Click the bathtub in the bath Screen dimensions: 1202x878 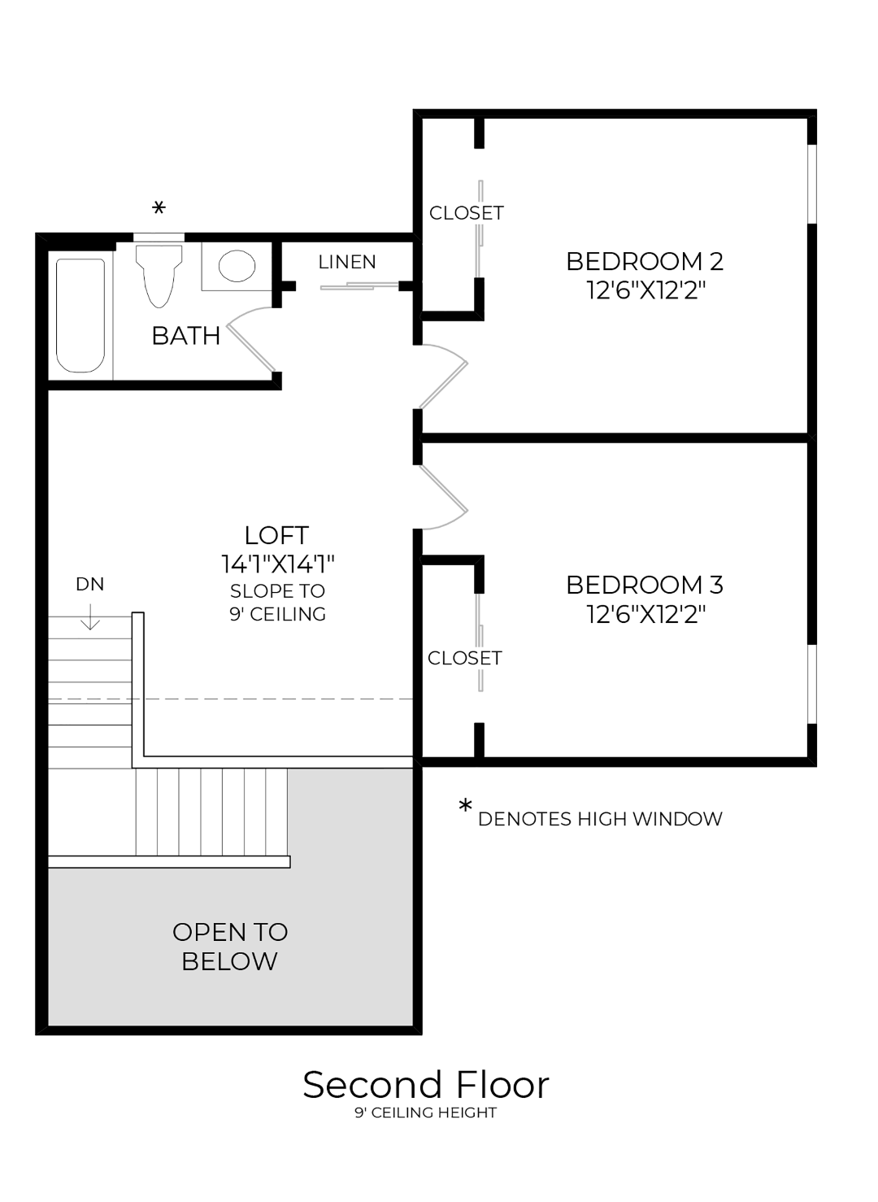pos(80,315)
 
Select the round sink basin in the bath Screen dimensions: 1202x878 pos(237,265)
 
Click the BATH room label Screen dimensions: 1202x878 pos(186,335)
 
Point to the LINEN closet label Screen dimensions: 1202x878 pos(347,262)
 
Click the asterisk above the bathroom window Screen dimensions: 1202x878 pos(159,209)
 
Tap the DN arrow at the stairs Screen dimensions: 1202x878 pos(90,620)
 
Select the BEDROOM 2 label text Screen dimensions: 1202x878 pos(644,261)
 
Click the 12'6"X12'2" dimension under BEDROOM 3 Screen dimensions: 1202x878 pos(645,614)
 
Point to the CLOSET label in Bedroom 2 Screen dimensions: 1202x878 pos(467,213)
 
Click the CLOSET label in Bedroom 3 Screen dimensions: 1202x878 pos(465,657)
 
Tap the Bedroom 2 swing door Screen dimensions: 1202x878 pos(443,376)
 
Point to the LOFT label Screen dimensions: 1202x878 pos(276,535)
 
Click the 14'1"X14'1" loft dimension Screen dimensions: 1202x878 pos(277,564)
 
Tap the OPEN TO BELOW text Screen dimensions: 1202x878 pos(230,946)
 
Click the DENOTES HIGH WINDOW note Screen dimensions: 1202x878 pos(600,819)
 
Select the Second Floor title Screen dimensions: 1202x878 pos(426,1084)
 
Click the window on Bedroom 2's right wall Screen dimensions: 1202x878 pos(811,184)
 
